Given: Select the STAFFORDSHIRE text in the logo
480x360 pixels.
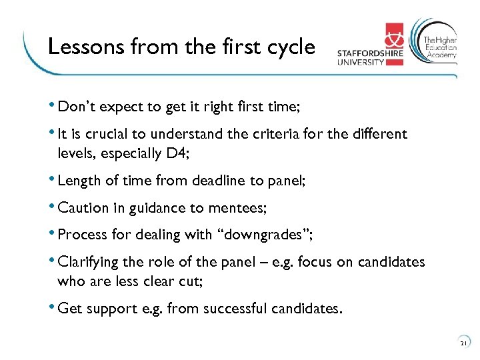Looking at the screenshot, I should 369,54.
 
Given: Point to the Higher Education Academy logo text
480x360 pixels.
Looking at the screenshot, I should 441,48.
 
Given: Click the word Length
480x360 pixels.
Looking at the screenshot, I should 78,181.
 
